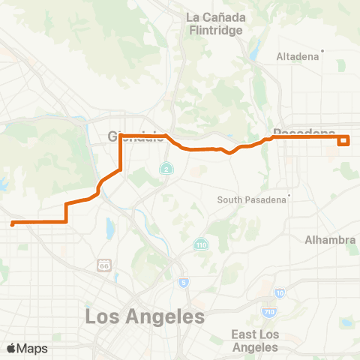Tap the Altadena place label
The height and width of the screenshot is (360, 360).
point(298,56)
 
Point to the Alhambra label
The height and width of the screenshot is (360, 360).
point(330,239)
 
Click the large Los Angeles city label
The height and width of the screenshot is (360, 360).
point(145,316)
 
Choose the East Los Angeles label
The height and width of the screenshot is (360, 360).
point(255,340)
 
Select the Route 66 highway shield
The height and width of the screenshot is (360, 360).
point(103,265)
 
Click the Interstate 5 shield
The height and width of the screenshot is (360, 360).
point(184,282)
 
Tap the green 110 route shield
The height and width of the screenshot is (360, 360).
point(201,245)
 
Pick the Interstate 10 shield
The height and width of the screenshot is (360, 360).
point(280,292)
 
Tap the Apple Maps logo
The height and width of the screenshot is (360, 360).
point(27,348)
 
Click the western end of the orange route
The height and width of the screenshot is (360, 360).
point(12,223)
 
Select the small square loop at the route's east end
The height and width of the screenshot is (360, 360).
point(344,139)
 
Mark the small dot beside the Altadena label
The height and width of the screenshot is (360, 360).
point(321,52)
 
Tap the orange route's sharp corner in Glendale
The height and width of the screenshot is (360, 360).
point(121,136)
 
